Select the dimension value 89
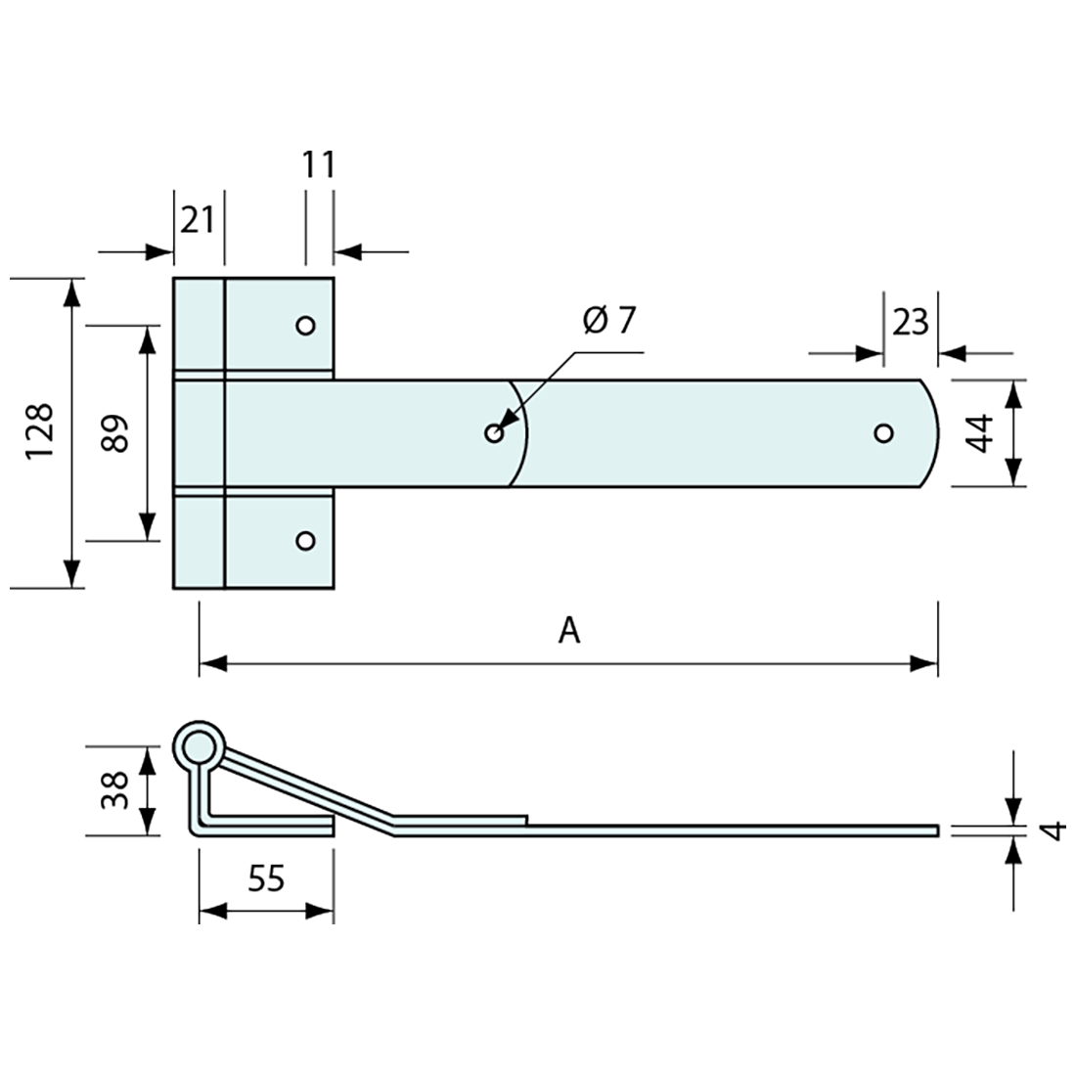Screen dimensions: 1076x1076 [x=116, y=432]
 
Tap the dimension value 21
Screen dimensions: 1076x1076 [x=198, y=219]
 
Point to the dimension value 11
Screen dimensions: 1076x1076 [x=319, y=165]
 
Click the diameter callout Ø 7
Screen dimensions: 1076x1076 [x=608, y=320]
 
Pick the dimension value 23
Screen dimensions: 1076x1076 [x=910, y=321]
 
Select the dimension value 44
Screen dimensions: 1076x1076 [x=981, y=431]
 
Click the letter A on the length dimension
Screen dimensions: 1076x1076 [x=569, y=631]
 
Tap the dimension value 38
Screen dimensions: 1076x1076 [x=115, y=789]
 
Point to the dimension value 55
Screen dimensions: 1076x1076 [x=266, y=878]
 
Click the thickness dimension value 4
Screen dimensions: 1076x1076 [x=1053, y=830]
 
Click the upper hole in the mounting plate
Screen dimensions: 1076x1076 [x=305, y=325]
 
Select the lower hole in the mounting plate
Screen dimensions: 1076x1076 [x=305, y=540]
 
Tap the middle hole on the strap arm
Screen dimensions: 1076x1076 [x=494, y=432]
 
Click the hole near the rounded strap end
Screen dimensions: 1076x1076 [x=883, y=432]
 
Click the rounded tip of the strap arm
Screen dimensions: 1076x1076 [x=934, y=432]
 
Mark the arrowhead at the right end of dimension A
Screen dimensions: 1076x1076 [x=925, y=663]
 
